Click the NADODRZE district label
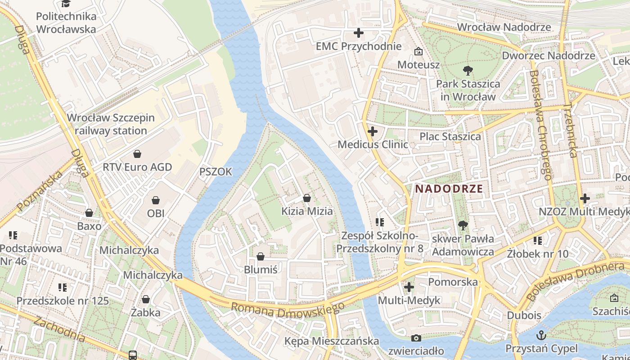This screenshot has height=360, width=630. click(x=449, y=189)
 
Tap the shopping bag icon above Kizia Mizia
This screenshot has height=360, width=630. click(x=307, y=198)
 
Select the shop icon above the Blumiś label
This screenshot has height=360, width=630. click(x=260, y=257)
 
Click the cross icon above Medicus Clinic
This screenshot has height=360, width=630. click(x=372, y=132)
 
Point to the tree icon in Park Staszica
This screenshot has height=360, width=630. click(x=468, y=70)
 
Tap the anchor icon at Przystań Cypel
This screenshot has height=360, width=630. click(x=542, y=335)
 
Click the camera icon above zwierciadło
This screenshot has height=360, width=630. click(x=416, y=338)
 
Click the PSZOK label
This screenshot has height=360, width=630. click(x=216, y=171)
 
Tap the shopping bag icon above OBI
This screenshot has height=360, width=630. click(x=156, y=200)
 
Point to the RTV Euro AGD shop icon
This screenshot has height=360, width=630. click(x=137, y=154)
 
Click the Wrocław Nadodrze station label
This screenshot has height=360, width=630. click(x=504, y=27)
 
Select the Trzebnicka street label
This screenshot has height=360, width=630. click(x=570, y=130)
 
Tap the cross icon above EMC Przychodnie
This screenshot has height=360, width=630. click(x=358, y=33)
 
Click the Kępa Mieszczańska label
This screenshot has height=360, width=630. click(x=331, y=341)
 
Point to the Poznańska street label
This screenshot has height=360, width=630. click(x=40, y=191)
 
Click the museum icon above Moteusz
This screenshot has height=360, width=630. click(x=418, y=51)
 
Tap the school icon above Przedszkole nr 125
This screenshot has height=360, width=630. click(x=63, y=287)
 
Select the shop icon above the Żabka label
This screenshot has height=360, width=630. click(x=146, y=299)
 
